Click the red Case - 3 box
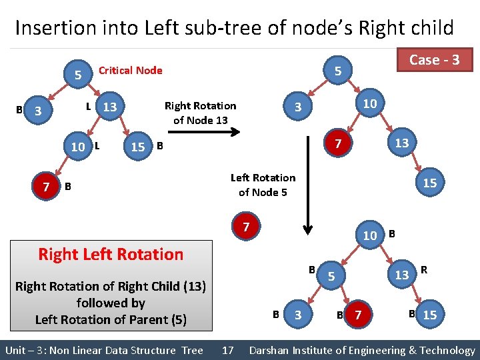pyautogui.click(x=434, y=60)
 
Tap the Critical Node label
pyautogui.click(x=130, y=70)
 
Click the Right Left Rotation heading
pyautogui.click(x=111, y=254)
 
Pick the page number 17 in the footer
pyautogui.click(x=227, y=350)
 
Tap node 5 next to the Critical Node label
pyautogui.click(x=78, y=75)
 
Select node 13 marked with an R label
pyautogui.click(x=402, y=275)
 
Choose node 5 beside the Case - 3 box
pyautogui.click(x=338, y=71)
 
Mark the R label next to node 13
pyautogui.click(x=424, y=270)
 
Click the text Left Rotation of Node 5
pyautogui.click(x=263, y=185)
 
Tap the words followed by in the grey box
pyautogui.click(x=111, y=303)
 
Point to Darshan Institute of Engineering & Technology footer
pyautogui.click(x=362, y=350)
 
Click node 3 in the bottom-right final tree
pyautogui.click(x=298, y=315)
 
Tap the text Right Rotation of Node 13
pyautogui.click(x=200, y=113)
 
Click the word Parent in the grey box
pyautogui.click(x=149, y=319)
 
